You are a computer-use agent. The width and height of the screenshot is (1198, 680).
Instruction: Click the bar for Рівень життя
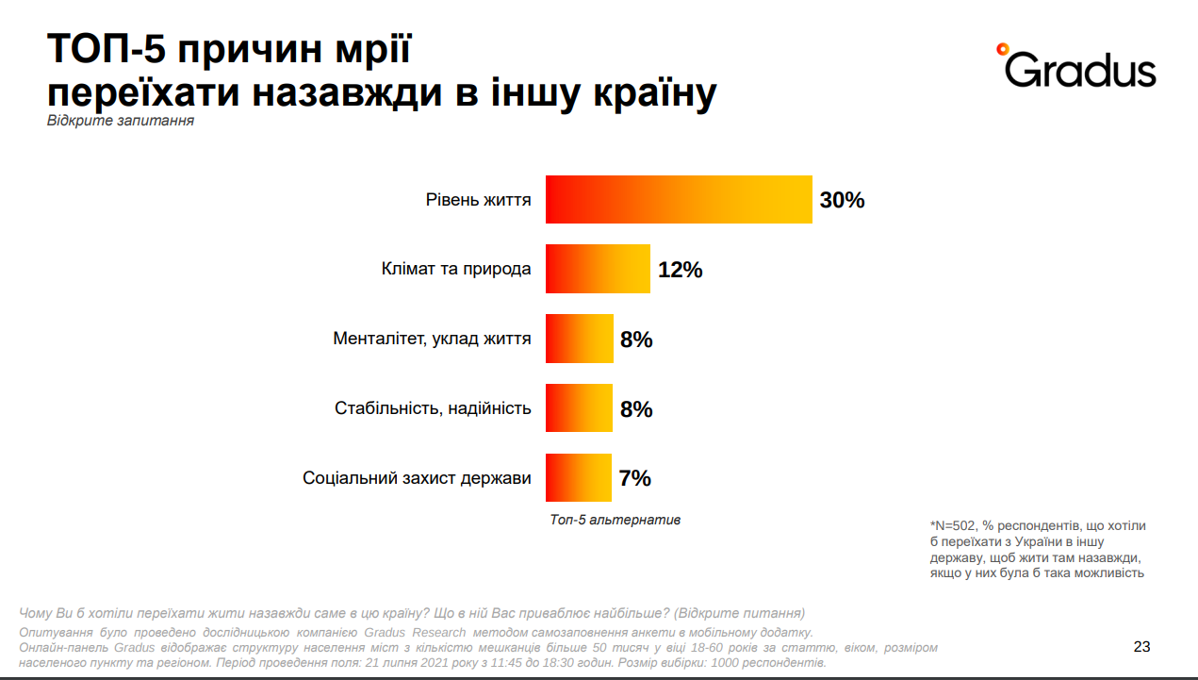click(x=679, y=200)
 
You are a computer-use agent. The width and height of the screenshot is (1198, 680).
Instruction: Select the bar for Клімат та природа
click(x=598, y=269)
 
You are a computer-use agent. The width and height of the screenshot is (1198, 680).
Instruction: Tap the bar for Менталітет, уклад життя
click(x=579, y=339)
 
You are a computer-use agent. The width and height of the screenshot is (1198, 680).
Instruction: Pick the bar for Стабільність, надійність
click(x=579, y=408)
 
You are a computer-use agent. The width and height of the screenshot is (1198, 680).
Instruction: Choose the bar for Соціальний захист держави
click(x=578, y=478)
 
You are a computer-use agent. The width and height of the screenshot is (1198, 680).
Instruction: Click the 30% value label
click(x=842, y=200)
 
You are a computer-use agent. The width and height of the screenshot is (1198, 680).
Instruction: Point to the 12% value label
click(x=680, y=270)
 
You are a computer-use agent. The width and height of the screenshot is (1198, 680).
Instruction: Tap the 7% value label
click(x=634, y=478)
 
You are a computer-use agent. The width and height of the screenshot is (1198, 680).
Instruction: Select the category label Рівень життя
click(x=477, y=200)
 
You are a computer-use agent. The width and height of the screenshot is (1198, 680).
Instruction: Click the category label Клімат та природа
click(x=456, y=269)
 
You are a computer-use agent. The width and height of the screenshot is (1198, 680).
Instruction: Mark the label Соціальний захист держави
click(x=417, y=478)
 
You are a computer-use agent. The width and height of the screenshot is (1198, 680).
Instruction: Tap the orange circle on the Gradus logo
click(x=1002, y=48)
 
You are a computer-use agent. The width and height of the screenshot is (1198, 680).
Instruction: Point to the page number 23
click(x=1141, y=647)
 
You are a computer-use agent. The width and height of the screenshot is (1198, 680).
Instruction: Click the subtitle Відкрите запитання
click(x=121, y=122)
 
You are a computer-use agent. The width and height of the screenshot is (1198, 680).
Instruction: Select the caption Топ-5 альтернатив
click(x=615, y=520)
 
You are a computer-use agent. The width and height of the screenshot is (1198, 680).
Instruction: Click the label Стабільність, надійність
click(x=433, y=408)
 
